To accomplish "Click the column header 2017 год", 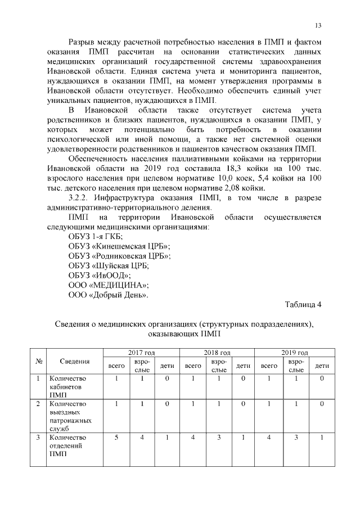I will coord(141,353).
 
